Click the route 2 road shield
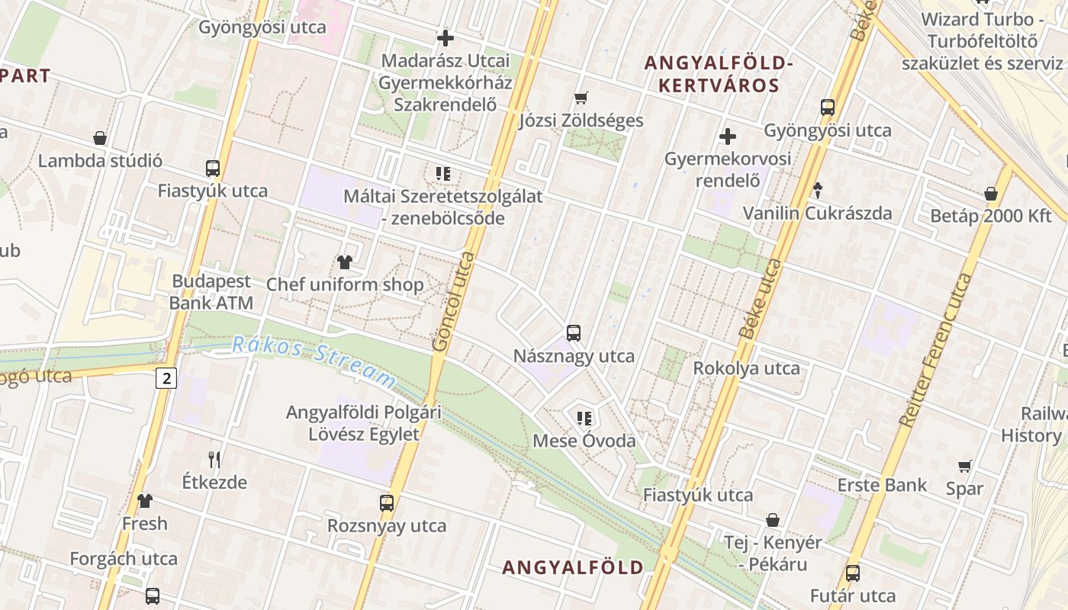167,377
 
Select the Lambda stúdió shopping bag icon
99,138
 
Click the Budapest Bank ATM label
211,292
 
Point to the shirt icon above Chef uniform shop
344,262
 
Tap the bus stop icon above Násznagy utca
574,333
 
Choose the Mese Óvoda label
584,441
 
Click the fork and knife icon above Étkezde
214,459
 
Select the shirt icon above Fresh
145,501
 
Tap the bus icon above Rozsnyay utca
387,503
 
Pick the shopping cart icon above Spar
965,466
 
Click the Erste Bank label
882,485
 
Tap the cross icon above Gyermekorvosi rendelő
728,137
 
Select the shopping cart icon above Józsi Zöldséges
581,98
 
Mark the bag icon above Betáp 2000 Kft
991,194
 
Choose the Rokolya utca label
746,368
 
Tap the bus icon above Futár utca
853,573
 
